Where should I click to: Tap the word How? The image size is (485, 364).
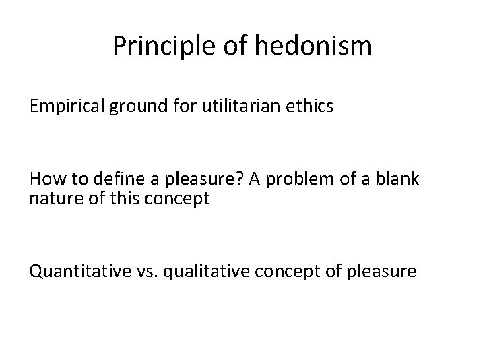[x=45, y=181]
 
